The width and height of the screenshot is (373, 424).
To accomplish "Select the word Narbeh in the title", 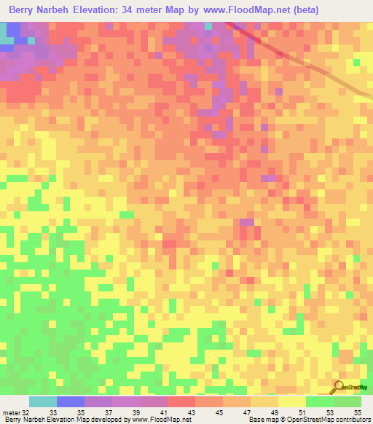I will pos(63,10).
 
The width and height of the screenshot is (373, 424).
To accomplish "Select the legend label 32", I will pos(25,412).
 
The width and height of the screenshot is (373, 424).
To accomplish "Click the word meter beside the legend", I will pos(11,412).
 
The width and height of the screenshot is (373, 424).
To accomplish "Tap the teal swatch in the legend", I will pos(42,401).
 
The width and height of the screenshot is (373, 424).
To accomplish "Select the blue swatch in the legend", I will pos(70,401).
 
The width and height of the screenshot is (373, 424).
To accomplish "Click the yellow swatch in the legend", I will pos(291,401).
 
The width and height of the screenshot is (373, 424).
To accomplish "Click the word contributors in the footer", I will pos(353,420).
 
